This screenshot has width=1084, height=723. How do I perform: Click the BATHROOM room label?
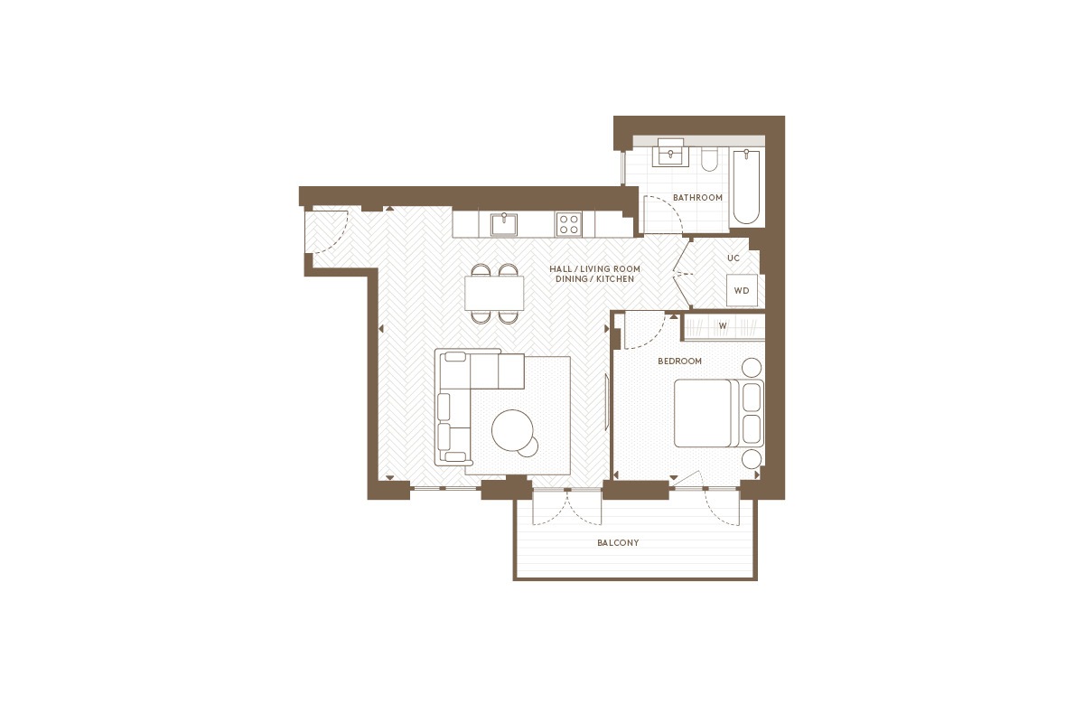coord(697,198)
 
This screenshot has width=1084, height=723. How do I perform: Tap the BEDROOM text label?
coord(679,361)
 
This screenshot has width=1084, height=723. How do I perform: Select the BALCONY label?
coord(618,543)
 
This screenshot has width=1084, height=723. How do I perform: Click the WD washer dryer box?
coord(742,291)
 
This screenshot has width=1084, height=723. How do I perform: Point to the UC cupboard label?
coord(734,258)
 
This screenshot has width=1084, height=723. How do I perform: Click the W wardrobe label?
coord(723,326)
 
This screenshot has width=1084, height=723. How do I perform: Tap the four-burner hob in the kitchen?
coord(568,224)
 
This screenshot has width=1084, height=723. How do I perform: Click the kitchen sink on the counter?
coord(504,224)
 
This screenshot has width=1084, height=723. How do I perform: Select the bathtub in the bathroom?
coord(746,186)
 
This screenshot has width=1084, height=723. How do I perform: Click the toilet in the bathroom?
coord(709,159)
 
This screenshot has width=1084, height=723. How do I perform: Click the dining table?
coord(494,293)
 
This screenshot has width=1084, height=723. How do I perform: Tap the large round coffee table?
coord(512,430)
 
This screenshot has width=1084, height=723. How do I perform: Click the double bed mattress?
coord(703,413)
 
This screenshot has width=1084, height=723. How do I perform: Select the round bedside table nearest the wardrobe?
coord(752,368)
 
